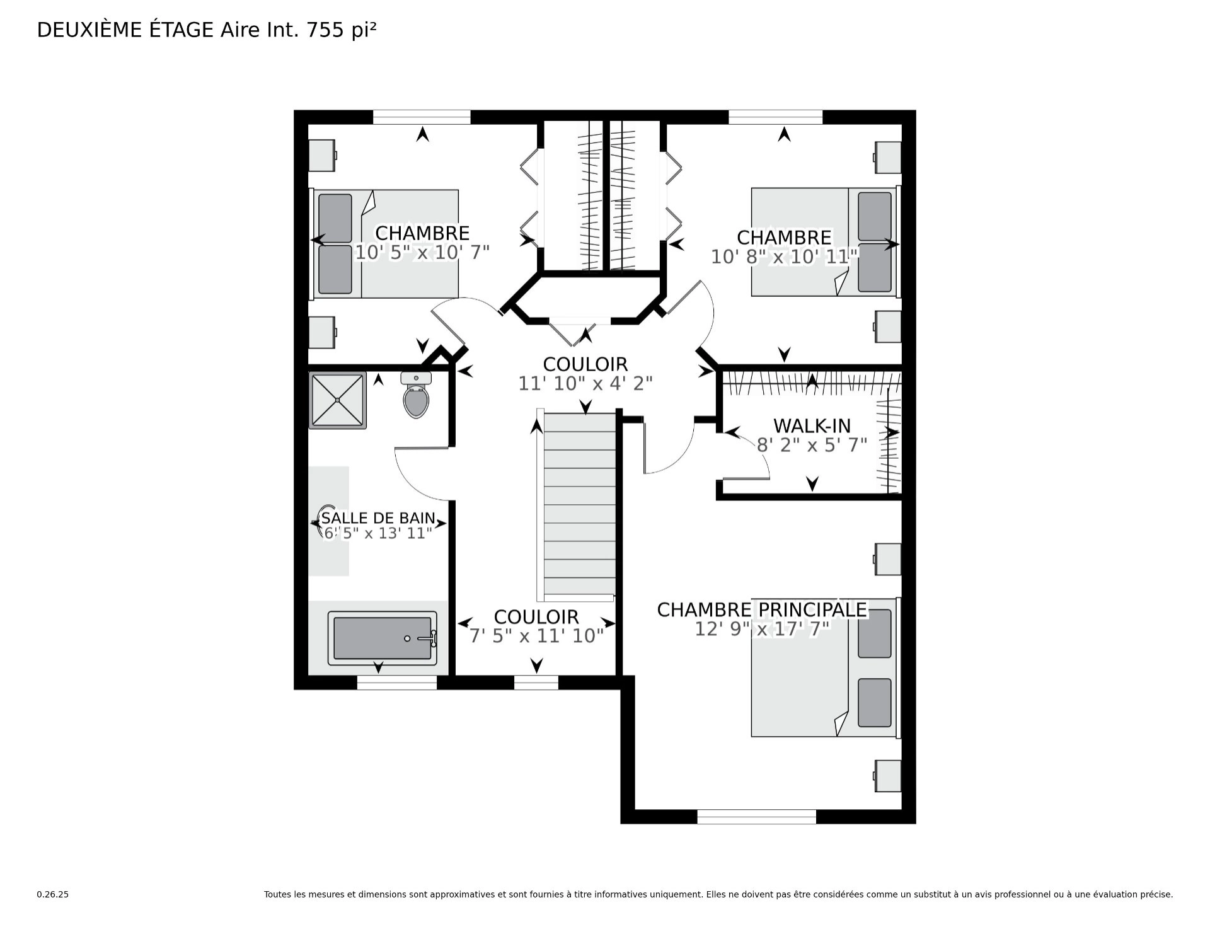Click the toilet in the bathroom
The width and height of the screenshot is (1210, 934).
(x=416, y=395)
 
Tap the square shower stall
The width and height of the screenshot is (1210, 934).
(x=338, y=400)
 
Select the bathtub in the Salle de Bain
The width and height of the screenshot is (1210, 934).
(x=383, y=638)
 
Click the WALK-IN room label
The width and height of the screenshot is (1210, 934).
(x=812, y=426)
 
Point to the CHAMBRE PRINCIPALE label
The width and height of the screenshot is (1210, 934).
(x=762, y=610)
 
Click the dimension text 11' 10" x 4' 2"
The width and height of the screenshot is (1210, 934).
(x=585, y=383)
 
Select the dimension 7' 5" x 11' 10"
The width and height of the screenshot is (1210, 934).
(x=537, y=636)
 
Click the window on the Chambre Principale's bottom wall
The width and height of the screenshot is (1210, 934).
(x=757, y=816)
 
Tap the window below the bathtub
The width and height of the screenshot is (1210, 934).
(x=397, y=683)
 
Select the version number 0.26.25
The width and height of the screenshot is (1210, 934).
(x=52, y=894)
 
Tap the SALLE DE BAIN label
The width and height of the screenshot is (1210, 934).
(x=378, y=518)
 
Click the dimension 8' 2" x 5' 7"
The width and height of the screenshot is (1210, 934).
(x=812, y=446)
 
